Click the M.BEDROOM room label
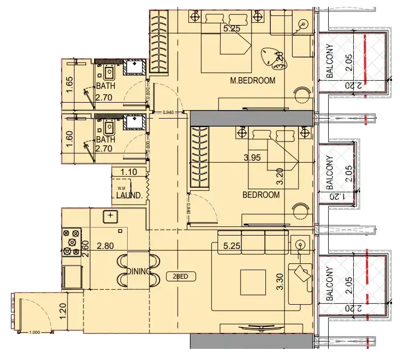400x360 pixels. (x=253, y=81)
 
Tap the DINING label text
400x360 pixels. (x=139, y=271)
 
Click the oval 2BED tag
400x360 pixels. (x=181, y=277)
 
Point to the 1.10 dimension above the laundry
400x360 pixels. (x=129, y=172)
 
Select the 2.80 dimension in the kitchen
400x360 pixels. (x=106, y=246)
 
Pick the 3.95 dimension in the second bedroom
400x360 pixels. (x=254, y=157)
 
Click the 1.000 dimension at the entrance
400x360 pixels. (x=35, y=332)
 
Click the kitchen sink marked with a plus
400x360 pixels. (x=110, y=215)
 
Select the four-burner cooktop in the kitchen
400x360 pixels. (x=72, y=241)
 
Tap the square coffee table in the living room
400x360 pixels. (x=254, y=281)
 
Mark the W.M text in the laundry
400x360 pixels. (x=121, y=187)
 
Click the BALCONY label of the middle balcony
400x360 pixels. (x=330, y=173)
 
